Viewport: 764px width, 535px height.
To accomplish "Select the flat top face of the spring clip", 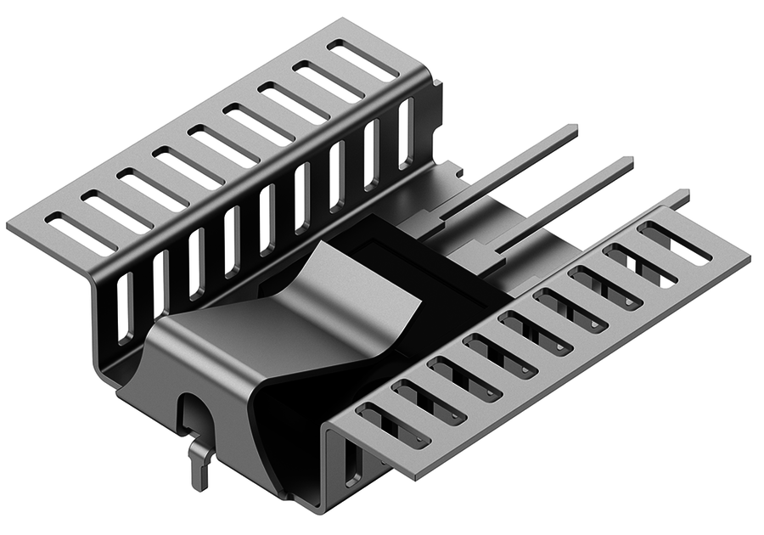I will click(255, 331).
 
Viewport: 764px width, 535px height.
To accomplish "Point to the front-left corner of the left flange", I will click(10, 228).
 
